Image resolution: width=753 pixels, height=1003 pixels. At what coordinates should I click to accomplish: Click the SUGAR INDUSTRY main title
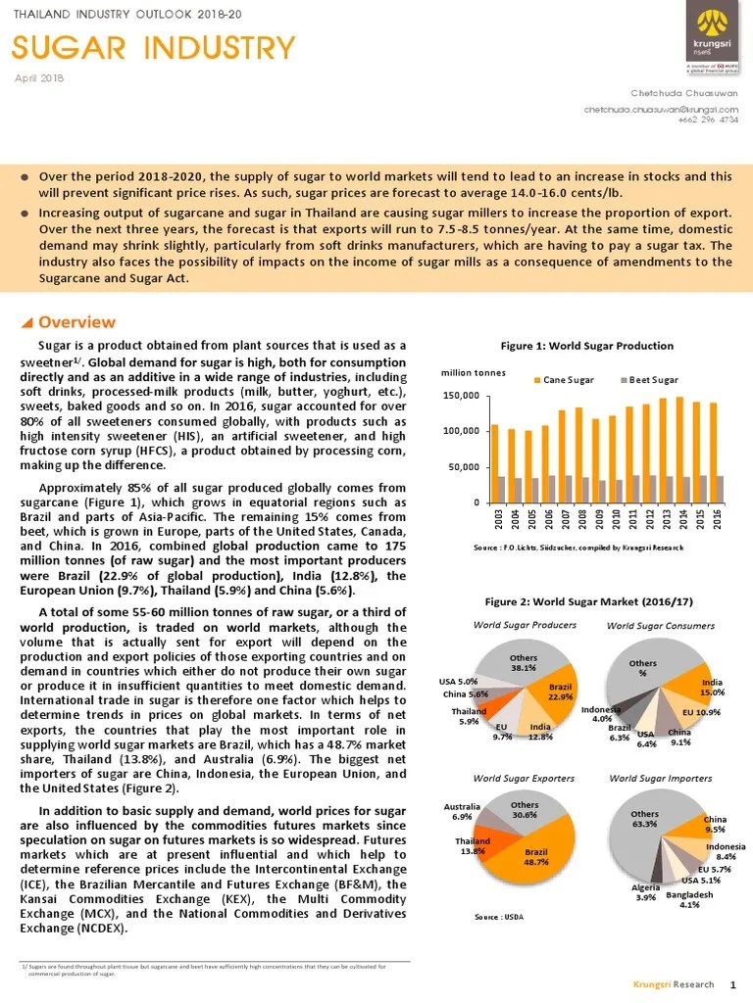point(153,47)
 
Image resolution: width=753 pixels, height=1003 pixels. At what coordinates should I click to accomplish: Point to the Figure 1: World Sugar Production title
point(586,346)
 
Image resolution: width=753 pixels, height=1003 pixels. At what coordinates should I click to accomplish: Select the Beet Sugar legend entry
point(650,379)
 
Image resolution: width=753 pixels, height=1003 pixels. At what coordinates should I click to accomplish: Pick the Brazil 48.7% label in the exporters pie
point(535,856)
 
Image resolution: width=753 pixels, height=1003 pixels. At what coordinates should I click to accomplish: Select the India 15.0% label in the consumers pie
point(713,688)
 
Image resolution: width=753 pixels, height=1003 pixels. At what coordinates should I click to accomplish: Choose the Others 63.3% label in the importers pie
point(644,819)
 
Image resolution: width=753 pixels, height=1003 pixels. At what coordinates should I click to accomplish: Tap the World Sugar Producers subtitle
point(525,625)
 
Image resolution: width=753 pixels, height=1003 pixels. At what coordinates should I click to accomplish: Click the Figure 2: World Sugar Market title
point(586,600)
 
